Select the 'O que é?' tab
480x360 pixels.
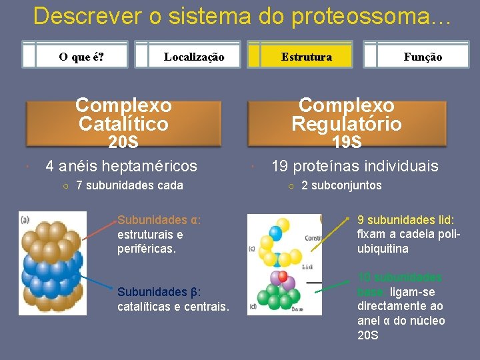[81, 57]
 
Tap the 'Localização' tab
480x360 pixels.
[193, 57]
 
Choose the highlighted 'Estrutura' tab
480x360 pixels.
[306, 57]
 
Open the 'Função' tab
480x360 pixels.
[423, 57]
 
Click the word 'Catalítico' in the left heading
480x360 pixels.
[123, 123]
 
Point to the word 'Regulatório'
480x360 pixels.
[347, 123]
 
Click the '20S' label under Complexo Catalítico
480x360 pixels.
[123, 142]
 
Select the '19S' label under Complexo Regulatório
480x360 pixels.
[347, 142]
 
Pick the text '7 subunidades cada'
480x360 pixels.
[129, 185]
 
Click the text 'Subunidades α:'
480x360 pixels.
[159, 220]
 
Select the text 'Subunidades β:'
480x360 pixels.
[159, 292]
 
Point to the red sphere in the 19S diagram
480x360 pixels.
[283, 275]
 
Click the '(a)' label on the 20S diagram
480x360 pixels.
[25, 219]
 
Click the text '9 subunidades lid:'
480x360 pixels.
[405, 219]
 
